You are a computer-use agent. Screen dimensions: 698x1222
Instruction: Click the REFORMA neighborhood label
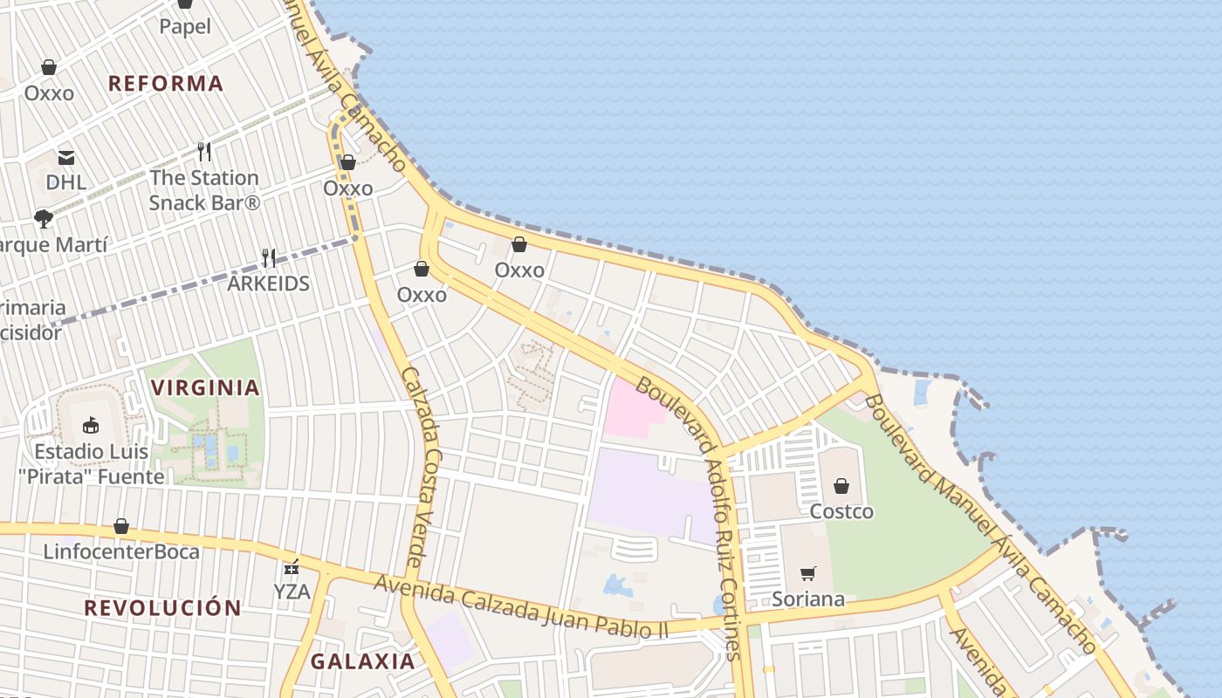pyautogui.click(x=166, y=84)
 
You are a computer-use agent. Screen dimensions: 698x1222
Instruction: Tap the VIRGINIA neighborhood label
pyautogui.click(x=206, y=387)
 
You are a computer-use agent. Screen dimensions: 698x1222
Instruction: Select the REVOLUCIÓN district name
pyautogui.click(x=162, y=608)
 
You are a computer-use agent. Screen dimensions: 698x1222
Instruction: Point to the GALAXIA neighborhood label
pyautogui.click(x=363, y=661)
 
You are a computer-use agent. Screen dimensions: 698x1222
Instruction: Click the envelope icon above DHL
pyautogui.click(x=66, y=158)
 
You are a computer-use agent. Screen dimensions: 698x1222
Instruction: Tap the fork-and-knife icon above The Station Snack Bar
pyautogui.click(x=204, y=152)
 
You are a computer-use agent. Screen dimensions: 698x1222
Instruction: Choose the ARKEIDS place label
pyautogui.click(x=269, y=284)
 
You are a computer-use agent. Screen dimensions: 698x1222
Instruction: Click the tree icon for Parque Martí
pyautogui.click(x=44, y=218)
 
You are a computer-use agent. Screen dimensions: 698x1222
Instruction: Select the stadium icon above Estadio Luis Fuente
pyautogui.click(x=91, y=426)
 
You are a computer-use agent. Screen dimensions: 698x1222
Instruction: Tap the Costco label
pyautogui.click(x=841, y=511)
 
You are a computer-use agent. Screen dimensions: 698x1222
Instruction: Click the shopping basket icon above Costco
pyautogui.click(x=841, y=486)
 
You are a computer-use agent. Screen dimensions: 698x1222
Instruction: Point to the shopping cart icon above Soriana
pyautogui.click(x=808, y=574)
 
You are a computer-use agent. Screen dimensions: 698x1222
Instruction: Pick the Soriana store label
pyautogui.click(x=808, y=599)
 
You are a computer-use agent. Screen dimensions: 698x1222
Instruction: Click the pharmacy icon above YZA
pyautogui.click(x=292, y=567)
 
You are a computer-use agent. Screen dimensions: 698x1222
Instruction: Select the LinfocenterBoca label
pyautogui.click(x=121, y=552)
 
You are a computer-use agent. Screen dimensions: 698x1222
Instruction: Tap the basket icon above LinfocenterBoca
pyautogui.click(x=121, y=527)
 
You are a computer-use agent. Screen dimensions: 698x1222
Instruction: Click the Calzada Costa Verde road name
pyautogui.click(x=423, y=467)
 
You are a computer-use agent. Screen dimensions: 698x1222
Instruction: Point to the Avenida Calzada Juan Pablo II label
pyautogui.click(x=521, y=606)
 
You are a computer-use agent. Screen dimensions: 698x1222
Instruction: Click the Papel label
pyautogui.click(x=185, y=26)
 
